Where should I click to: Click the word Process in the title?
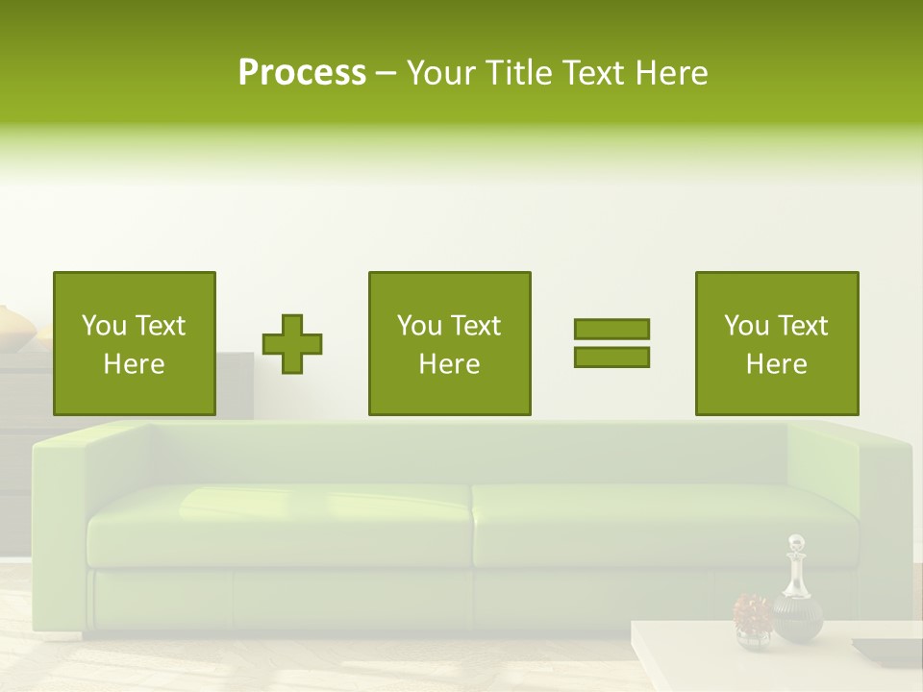[302, 73]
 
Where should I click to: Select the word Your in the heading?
[443, 73]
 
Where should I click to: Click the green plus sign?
[292, 344]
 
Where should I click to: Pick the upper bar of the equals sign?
[611, 329]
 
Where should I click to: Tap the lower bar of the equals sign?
[611, 357]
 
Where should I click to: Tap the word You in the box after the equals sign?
[746, 326]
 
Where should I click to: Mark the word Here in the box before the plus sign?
[134, 364]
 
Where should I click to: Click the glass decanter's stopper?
[795, 545]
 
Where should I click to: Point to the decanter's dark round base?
[797, 619]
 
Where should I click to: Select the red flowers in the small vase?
[752, 610]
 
